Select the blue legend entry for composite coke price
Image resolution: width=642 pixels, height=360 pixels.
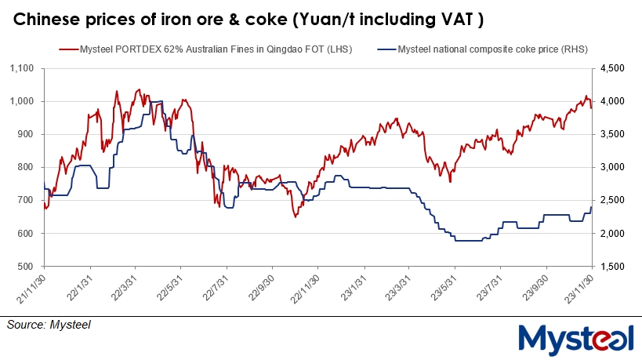(x=485, y=49)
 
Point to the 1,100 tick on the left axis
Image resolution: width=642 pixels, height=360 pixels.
(x=28, y=69)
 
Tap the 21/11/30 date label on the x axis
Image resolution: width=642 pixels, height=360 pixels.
(x=34, y=288)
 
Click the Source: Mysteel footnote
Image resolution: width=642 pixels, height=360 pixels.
(x=49, y=323)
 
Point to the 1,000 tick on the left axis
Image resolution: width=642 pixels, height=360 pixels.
(x=28, y=102)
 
